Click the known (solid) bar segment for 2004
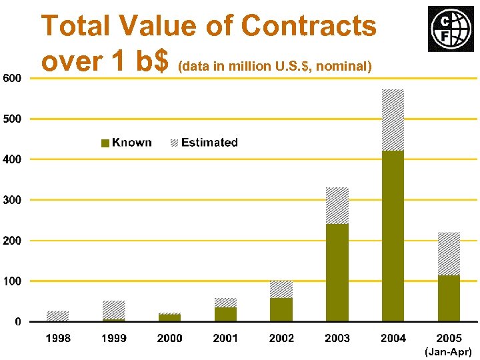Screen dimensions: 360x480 point(393,236)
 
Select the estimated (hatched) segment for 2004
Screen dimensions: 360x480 point(393,120)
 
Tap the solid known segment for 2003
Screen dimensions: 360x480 point(337,273)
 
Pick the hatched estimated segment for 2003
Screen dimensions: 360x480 point(337,205)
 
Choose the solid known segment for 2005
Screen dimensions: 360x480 point(449,299)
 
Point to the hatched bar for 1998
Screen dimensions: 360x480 point(57,316)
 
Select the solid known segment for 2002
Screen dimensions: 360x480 point(281,310)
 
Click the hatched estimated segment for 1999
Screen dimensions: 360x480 point(113,310)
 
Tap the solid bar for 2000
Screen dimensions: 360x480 point(169,318)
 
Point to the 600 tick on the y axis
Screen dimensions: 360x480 point(11,78)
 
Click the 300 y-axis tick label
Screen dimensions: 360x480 point(11,200)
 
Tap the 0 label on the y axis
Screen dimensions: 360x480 point(18,322)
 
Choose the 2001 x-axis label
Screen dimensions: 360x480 point(225,338)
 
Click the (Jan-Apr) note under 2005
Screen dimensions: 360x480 point(449,351)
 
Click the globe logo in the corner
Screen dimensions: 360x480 point(447,29)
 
